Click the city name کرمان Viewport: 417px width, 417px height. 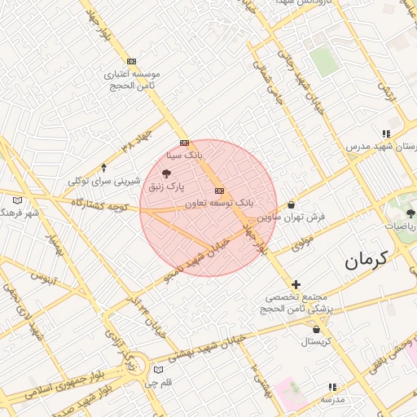click(x=365, y=261)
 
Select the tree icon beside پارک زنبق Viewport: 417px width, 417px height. click(x=167, y=173)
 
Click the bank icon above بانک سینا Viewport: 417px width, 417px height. click(x=185, y=142)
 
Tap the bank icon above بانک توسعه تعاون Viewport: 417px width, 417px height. click(x=218, y=190)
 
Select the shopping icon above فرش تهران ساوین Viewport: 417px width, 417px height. click(x=292, y=206)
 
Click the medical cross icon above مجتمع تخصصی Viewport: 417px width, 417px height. click(x=296, y=285)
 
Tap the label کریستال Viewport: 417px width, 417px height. click(x=316, y=342)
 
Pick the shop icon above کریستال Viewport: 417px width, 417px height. click(x=316, y=330)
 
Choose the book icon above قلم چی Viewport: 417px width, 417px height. click(x=159, y=370)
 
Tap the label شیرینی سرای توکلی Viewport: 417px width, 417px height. click(x=103, y=180)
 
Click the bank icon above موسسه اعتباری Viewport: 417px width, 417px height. click(x=132, y=61)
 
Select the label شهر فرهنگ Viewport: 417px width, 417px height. click(x=20, y=213)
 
